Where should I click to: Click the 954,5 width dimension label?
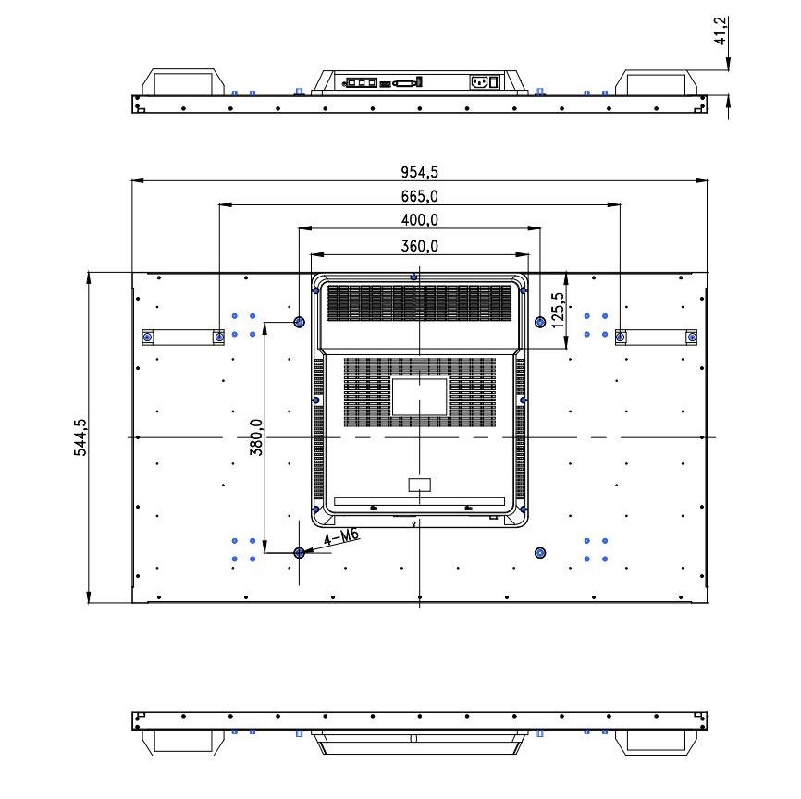pyautogui.click(x=419, y=172)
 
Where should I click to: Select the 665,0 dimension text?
pyautogui.click(x=419, y=196)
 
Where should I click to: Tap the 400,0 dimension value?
pyautogui.click(x=419, y=220)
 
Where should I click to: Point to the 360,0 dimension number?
pyautogui.click(x=419, y=246)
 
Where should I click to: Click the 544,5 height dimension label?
pyautogui.click(x=80, y=437)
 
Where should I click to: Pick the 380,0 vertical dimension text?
pyautogui.click(x=256, y=437)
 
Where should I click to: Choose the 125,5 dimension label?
pyautogui.click(x=558, y=310)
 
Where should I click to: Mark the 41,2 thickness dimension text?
pyautogui.click(x=721, y=31)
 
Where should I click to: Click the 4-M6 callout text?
pyautogui.click(x=341, y=537)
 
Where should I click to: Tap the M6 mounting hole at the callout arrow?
pyautogui.click(x=300, y=553)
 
